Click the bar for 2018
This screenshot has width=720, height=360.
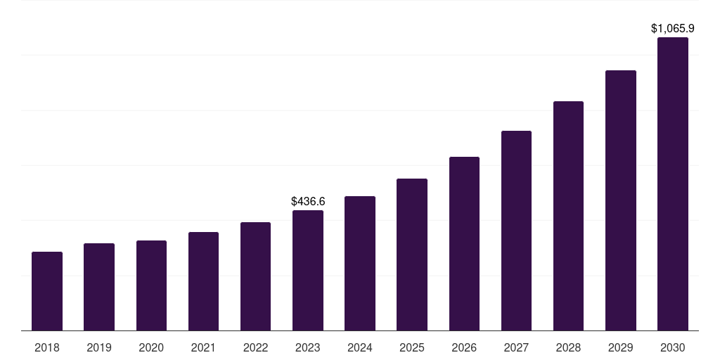click(47, 291)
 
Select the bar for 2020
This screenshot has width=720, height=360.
click(151, 285)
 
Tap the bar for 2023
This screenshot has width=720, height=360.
click(308, 271)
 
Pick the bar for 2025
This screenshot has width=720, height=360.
click(412, 255)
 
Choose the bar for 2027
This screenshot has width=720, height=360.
click(516, 231)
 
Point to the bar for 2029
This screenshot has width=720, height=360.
click(621, 200)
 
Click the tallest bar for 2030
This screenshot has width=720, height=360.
click(673, 184)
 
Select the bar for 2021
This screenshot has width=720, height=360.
click(203, 281)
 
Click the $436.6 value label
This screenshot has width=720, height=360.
click(308, 202)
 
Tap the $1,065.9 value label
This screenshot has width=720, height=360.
click(673, 29)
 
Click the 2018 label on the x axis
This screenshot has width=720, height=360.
click(47, 347)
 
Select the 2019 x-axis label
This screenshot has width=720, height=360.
click(99, 347)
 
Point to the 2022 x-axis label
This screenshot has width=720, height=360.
click(255, 347)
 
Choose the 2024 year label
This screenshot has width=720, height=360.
click(360, 347)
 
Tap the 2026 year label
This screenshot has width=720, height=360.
click(464, 347)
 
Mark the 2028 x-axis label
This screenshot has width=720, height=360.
click(568, 347)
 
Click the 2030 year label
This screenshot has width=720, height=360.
click(673, 347)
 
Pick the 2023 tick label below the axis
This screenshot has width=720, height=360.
click(308, 347)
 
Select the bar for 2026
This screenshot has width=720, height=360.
click(464, 244)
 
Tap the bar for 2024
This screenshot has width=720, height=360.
click(360, 264)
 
